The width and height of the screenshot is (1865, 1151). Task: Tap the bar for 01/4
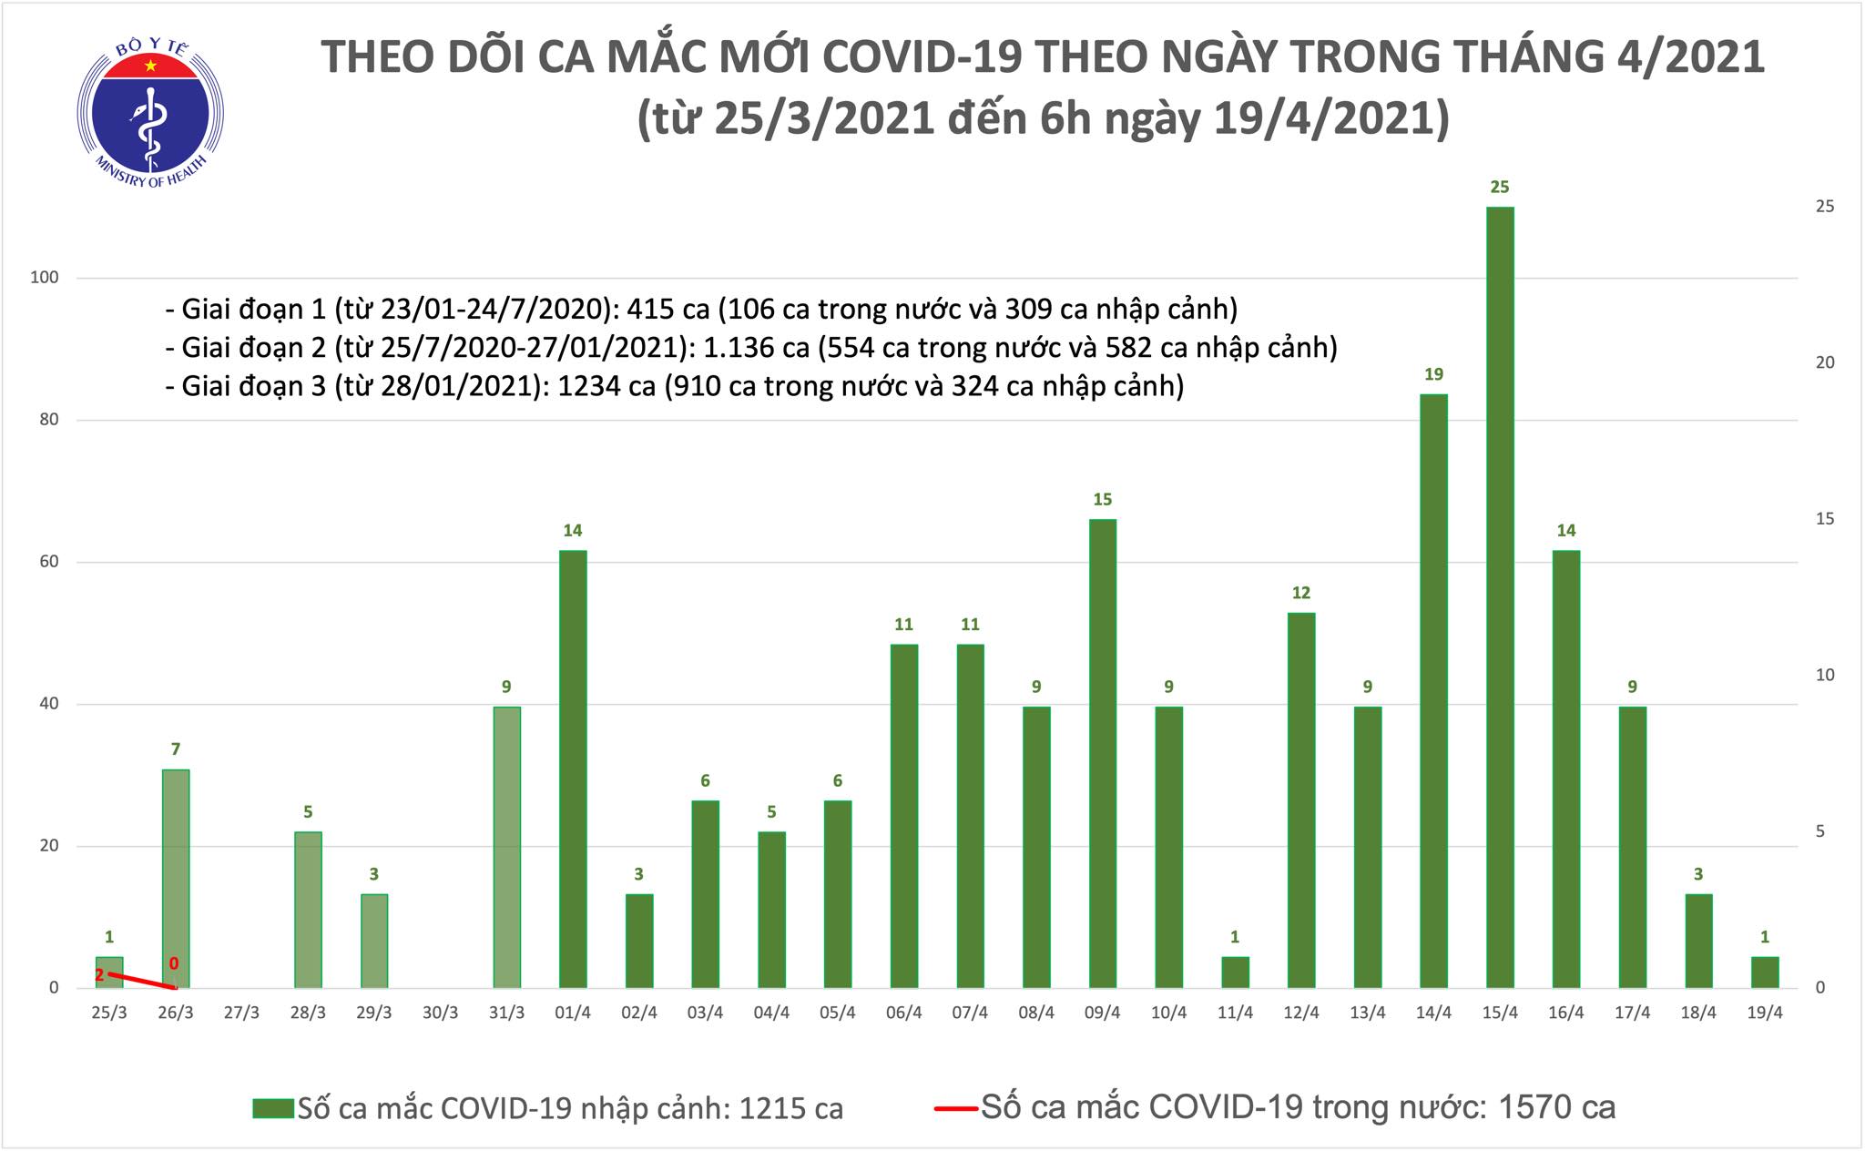click(x=573, y=769)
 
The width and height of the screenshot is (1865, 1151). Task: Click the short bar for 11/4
click(x=1235, y=972)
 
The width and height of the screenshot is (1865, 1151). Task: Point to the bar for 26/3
click(x=176, y=878)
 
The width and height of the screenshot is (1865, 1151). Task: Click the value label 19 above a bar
click(x=1433, y=374)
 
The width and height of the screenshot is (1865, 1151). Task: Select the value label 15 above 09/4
click(x=1102, y=499)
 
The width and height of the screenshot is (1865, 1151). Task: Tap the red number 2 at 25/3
click(x=99, y=975)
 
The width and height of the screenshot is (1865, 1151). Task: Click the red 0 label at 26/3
click(x=174, y=963)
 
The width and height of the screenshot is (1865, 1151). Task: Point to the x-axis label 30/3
click(x=441, y=1013)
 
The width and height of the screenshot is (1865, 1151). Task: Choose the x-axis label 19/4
click(x=1764, y=1013)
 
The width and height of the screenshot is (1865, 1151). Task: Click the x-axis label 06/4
click(x=903, y=1013)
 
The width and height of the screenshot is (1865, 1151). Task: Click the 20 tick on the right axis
click(x=1825, y=362)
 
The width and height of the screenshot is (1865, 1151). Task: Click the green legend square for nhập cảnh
click(x=273, y=1108)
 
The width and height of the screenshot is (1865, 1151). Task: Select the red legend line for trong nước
click(x=954, y=1108)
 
